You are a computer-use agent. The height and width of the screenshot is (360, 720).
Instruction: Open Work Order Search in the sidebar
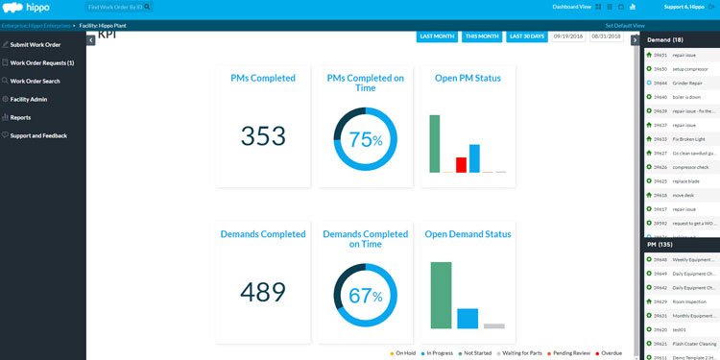(x=35, y=81)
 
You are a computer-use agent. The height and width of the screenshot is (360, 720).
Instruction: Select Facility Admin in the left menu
(x=28, y=99)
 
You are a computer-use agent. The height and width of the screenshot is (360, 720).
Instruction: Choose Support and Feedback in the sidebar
(x=38, y=135)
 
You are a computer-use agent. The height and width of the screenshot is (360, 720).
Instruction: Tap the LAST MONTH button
(x=437, y=36)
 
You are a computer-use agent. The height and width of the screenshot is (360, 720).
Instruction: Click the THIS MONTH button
(x=482, y=36)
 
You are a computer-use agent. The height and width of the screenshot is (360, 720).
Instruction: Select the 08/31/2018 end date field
(x=606, y=36)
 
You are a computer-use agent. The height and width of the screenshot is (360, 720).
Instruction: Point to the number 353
(x=263, y=136)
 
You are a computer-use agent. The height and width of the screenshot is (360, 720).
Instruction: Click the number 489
(x=263, y=292)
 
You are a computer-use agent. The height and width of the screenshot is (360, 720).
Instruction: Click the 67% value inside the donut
(x=365, y=296)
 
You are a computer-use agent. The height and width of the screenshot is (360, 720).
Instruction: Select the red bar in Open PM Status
(x=461, y=165)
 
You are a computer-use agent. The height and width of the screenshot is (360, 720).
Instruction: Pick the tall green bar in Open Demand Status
(x=442, y=295)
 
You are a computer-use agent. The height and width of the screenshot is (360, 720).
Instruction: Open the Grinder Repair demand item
(x=687, y=83)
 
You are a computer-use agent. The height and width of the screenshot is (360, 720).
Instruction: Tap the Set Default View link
(x=625, y=25)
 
